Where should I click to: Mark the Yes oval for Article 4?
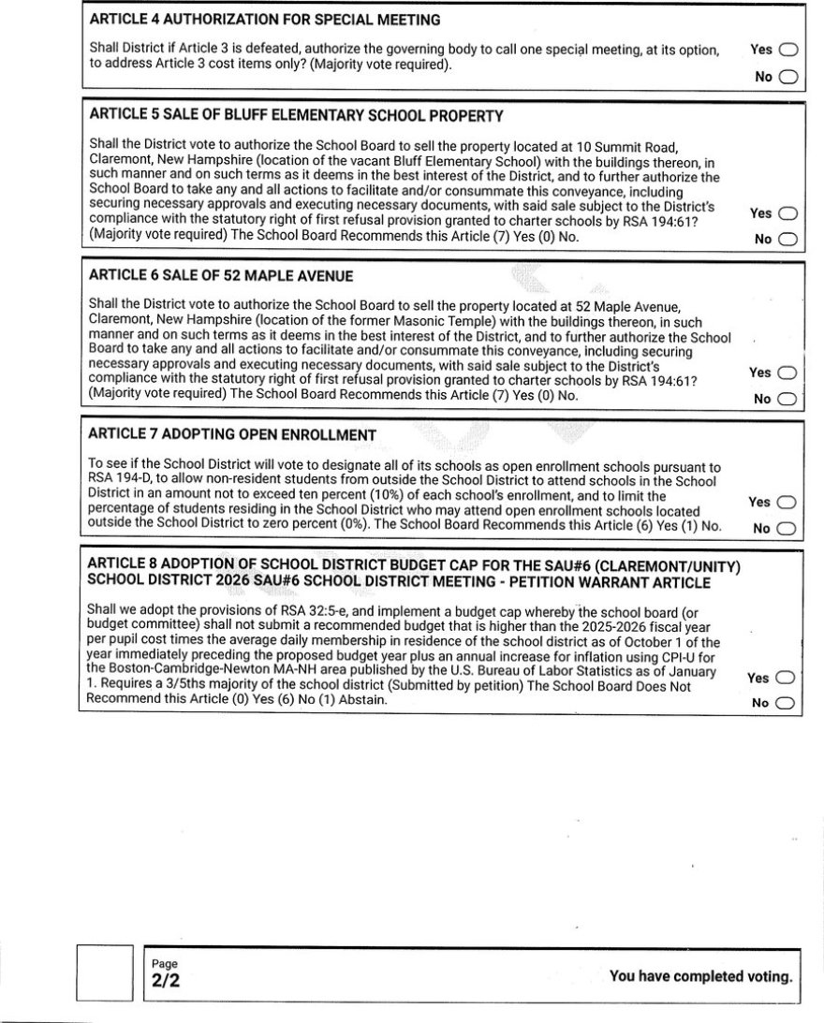click(x=787, y=51)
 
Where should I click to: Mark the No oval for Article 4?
click(x=787, y=77)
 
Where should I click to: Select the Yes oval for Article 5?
click(x=787, y=213)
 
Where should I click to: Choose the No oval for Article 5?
click(x=787, y=240)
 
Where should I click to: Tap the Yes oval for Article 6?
click(x=787, y=373)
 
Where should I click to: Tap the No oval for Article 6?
click(x=787, y=400)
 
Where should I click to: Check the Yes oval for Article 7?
click(x=787, y=503)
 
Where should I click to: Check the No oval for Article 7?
click(x=787, y=529)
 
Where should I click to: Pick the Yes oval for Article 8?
click(x=787, y=678)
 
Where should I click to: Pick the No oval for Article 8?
click(x=787, y=704)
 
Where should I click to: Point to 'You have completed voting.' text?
click(x=700, y=976)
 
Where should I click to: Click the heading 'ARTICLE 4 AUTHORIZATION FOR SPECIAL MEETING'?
click(x=265, y=20)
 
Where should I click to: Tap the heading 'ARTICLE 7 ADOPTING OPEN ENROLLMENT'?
click(x=231, y=435)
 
